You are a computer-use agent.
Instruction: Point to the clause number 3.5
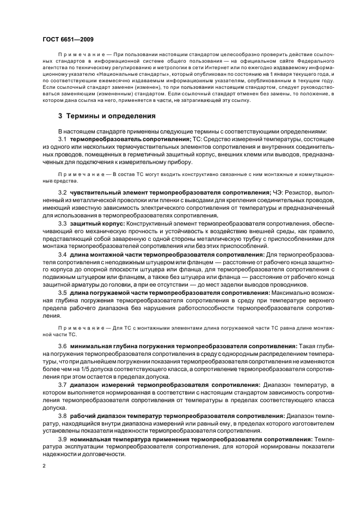[x=63, y=293]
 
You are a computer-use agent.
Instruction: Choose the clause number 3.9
[x=63, y=439]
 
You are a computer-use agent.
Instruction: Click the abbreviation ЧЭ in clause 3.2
[x=279, y=193]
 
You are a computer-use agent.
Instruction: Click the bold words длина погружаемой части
[x=111, y=293]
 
